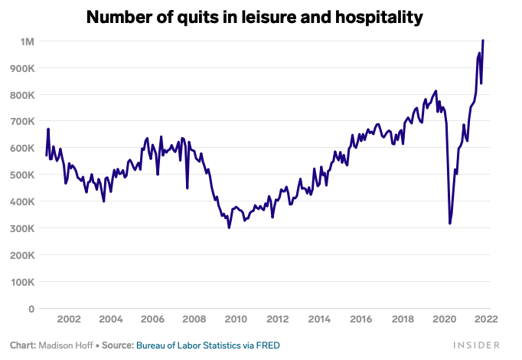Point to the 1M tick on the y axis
(x=28, y=41)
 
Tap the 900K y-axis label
(x=23, y=67)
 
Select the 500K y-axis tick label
(x=23, y=175)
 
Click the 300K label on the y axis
(x=23, y=228)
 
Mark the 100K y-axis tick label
(x=23, y=282)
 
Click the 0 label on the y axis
(x=32, y=309)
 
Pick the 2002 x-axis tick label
(x=69, y=319)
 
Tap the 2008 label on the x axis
(x=194, y=319)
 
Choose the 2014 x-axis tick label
(x=319, y=319)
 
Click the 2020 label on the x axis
(x=444, y=319)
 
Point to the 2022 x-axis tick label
(x=486, y=319)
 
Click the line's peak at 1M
(x=483, y=41)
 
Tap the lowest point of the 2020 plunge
(x=449, y=223)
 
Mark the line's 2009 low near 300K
(x=229, y=227)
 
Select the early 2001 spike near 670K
(x=48, y=129)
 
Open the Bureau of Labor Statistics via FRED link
(x=207, y=345)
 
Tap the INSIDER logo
(x=475, y=345)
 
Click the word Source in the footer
(x=117, y=345)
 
